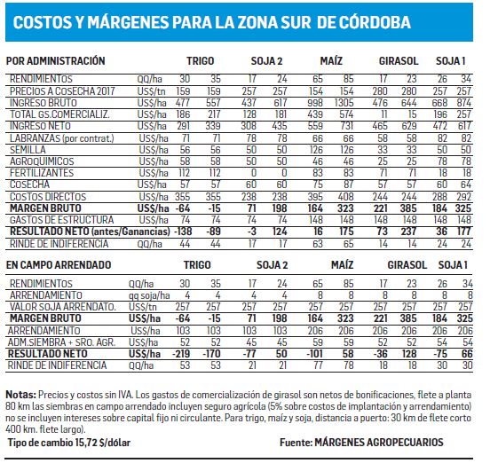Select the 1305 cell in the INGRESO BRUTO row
pos(344,103)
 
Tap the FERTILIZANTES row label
pos(42,173)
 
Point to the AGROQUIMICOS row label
pos(42,161)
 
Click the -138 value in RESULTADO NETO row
pos(183,232)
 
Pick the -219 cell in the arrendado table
pos(181,354)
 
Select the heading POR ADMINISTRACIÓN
pos(56,61)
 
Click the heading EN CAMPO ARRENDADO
pos(59,265)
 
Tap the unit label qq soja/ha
pos(149,295)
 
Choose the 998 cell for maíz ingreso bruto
pos(315,103)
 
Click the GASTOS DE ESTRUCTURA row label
pos(61,220)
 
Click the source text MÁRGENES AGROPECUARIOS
pos(379,442)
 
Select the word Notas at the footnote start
pos(21,395)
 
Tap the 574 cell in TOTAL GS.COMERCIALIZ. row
pos(346,114)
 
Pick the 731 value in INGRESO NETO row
pos(346,126)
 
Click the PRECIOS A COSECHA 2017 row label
pos(62,91)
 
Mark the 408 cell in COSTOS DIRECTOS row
pos(345,197)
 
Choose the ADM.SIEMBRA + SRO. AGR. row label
pos(61,342)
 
